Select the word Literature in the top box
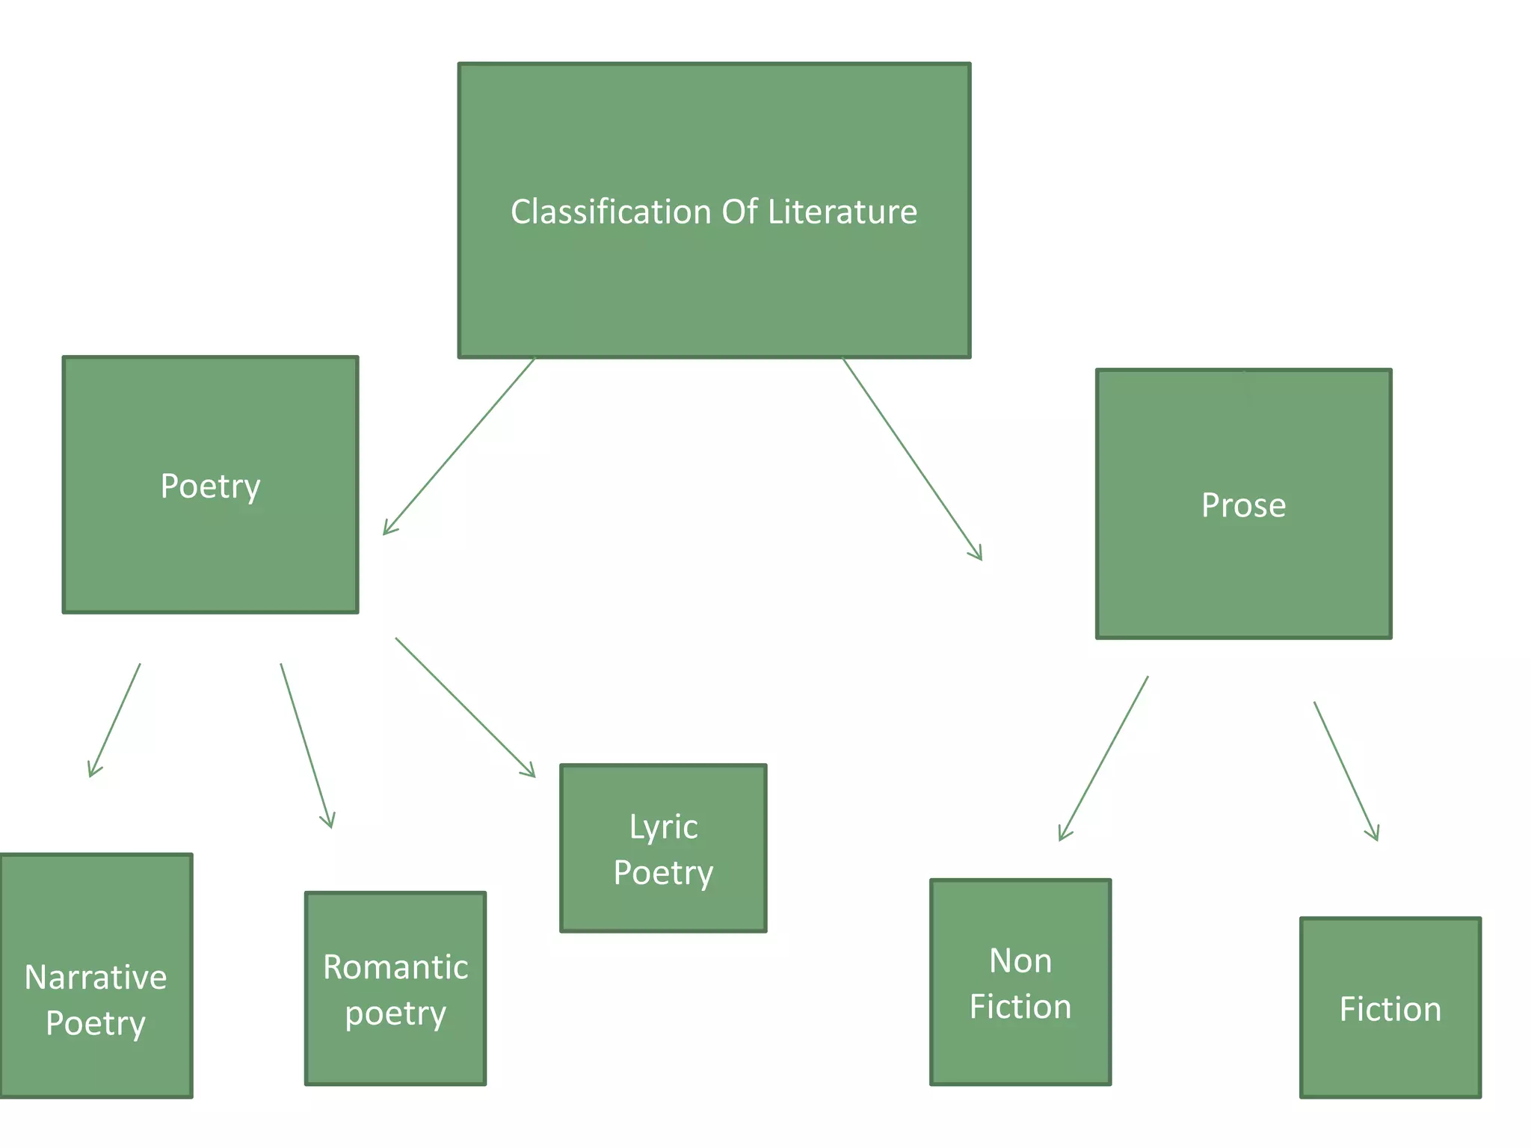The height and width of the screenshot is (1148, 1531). coord(842,212)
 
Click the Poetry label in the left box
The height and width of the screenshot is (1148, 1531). coord(210,487)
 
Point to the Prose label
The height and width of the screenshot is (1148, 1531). coord(1243,506)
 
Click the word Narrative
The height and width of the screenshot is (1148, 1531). coord(96,978)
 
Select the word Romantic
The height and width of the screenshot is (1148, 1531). coord(395,967)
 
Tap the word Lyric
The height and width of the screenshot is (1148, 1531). coord(663,827)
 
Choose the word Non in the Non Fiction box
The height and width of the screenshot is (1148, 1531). coord(1020,961)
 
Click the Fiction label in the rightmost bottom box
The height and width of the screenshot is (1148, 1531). coord(1390,1010)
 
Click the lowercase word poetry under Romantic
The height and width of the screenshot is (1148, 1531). coord(395,1014)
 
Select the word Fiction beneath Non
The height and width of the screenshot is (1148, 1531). coord(1020,1007)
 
